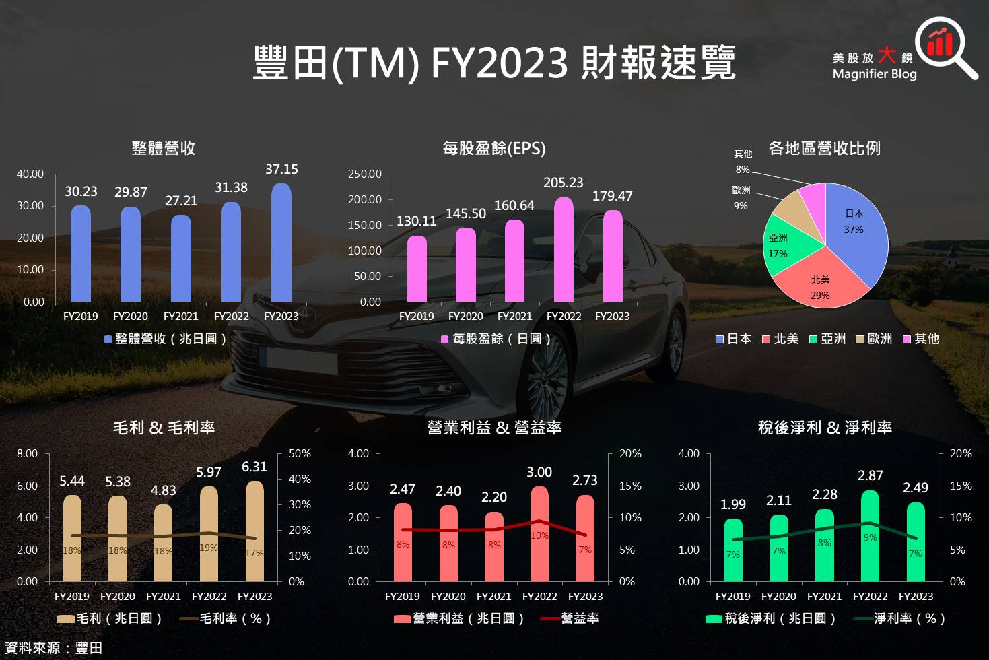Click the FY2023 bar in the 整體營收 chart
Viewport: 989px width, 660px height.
(x=281, y=242)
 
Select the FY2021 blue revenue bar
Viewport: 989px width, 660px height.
(x=181, y=259)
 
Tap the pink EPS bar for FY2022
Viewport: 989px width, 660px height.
(x=564, y=250)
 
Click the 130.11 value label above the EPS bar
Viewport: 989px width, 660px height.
(x=416, y=221)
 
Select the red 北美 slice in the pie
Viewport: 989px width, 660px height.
(x=821, y=283)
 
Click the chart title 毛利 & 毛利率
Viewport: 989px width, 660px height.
(x=164, y=428)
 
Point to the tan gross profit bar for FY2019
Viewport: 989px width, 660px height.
(x=72, y=539)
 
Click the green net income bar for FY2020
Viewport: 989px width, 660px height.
(x=779, y=548)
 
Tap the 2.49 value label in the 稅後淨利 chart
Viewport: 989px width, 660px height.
(x=916, y=488)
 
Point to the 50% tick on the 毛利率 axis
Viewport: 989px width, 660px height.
(x=300, y=454)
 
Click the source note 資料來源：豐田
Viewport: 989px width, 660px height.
(x=53, y=648)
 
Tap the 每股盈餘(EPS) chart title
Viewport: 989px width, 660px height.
(x=494, y=148)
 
